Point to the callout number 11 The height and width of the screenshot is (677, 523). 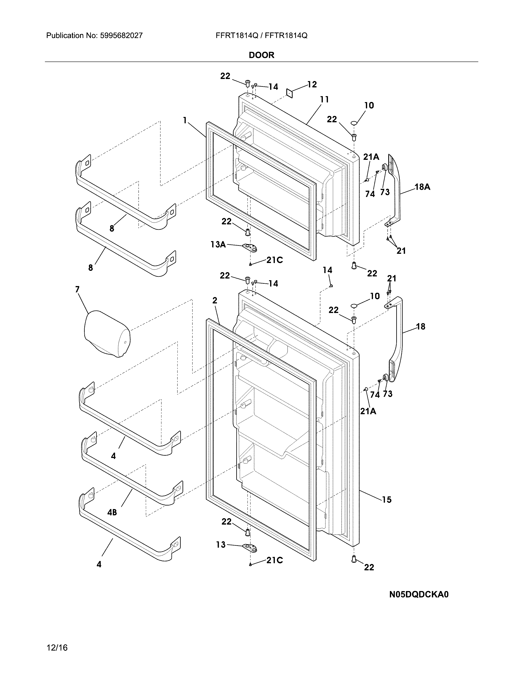pos(324,99)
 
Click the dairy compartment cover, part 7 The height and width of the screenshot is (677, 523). pos(107,333)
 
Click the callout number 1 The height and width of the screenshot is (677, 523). pos(185,120)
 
